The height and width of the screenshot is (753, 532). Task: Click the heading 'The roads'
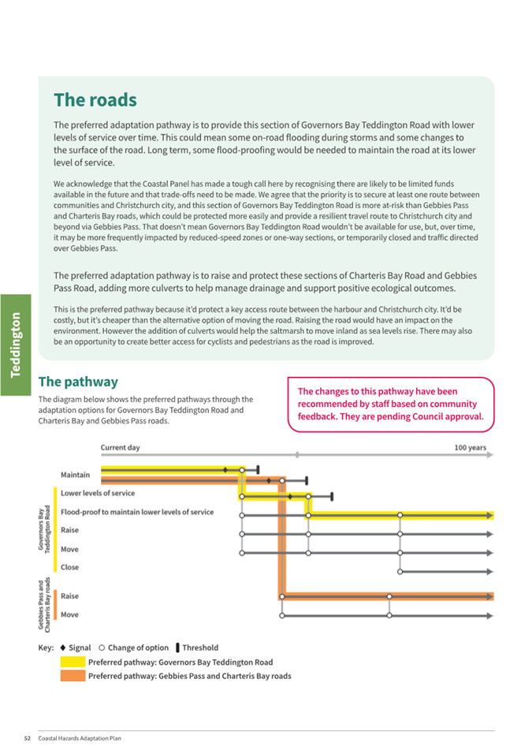(95, 100)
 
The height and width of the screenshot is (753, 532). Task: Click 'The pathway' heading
(78, 382)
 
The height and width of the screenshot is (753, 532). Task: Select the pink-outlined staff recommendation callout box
(391, 404)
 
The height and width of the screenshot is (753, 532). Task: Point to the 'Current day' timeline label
(120, 448)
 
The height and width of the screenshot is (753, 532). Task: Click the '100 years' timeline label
(470, 448)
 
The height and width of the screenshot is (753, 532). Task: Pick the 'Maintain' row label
(75, 475)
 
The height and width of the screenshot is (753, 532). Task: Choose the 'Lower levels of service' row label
(98, 494)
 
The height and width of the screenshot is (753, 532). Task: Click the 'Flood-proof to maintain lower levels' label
(137, 512)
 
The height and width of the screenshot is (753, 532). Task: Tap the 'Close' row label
(69, 567)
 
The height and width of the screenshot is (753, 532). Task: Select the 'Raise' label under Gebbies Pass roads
(69, 596)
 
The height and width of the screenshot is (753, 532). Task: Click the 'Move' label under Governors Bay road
(69, 550)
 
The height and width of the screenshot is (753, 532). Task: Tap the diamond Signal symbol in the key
(63, 648)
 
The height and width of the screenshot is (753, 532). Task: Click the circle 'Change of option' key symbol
(102, 648)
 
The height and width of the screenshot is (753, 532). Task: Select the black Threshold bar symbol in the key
(177, 648)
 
